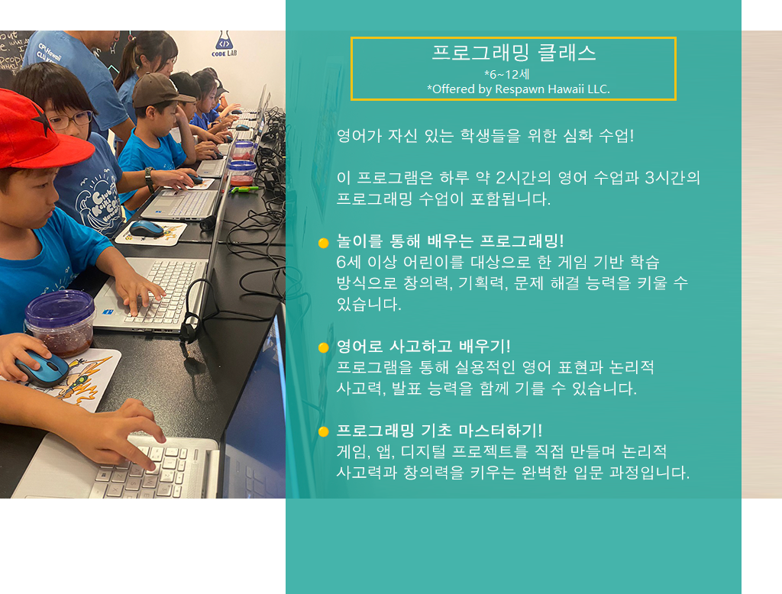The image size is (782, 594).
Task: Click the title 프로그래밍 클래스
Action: point(513,53)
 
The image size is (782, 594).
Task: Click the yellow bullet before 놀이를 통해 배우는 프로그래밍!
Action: point(323,243)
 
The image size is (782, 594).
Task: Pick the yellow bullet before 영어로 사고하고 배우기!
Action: point(323,348)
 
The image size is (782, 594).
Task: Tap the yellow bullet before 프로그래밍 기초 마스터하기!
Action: point(323,431)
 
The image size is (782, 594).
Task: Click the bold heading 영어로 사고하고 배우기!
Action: point(423,347)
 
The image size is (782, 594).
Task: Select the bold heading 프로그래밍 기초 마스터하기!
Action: point(439,431)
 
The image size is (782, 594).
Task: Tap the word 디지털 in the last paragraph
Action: point(414,452)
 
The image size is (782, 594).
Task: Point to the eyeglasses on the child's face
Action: point(70,120)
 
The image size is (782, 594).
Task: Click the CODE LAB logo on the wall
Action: point(222,46)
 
